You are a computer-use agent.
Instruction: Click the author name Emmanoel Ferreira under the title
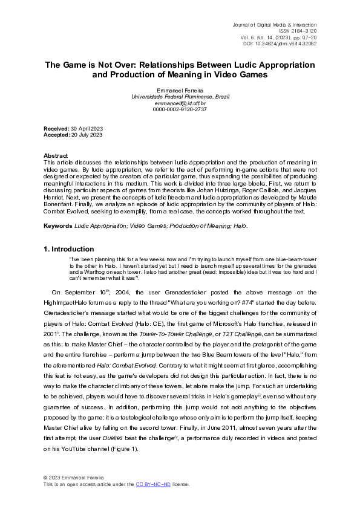pyautogui.click(x=180, y=90)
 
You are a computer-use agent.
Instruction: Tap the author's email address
pyautogui.click(x=180, y=103)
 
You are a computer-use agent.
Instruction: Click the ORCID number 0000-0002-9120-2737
pyautogui.click(x=180, y=109)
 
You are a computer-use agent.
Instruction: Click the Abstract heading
pyautogui.click(x=56, y=155)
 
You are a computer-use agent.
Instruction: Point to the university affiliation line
pyautogui.click(x=180, y=97)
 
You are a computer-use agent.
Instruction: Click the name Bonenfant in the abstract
pyautogui.click(x=62, y=196)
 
